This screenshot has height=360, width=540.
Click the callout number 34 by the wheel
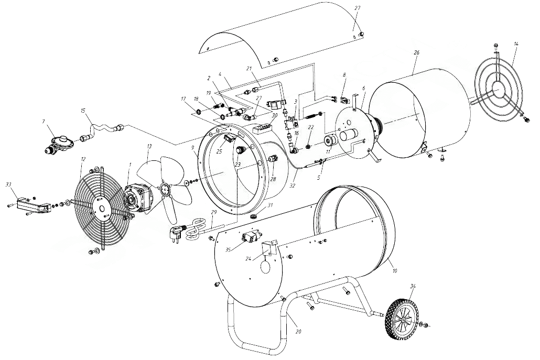click(413, 286)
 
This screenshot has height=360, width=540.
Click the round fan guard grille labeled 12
click(103, 208)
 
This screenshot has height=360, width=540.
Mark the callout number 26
click(416, 53)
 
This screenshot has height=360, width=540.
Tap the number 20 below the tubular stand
click(299, 332)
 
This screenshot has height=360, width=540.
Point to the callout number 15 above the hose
click(83, 111)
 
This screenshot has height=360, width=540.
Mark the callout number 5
click(319, 178)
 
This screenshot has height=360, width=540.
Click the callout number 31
click(271, 205)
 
